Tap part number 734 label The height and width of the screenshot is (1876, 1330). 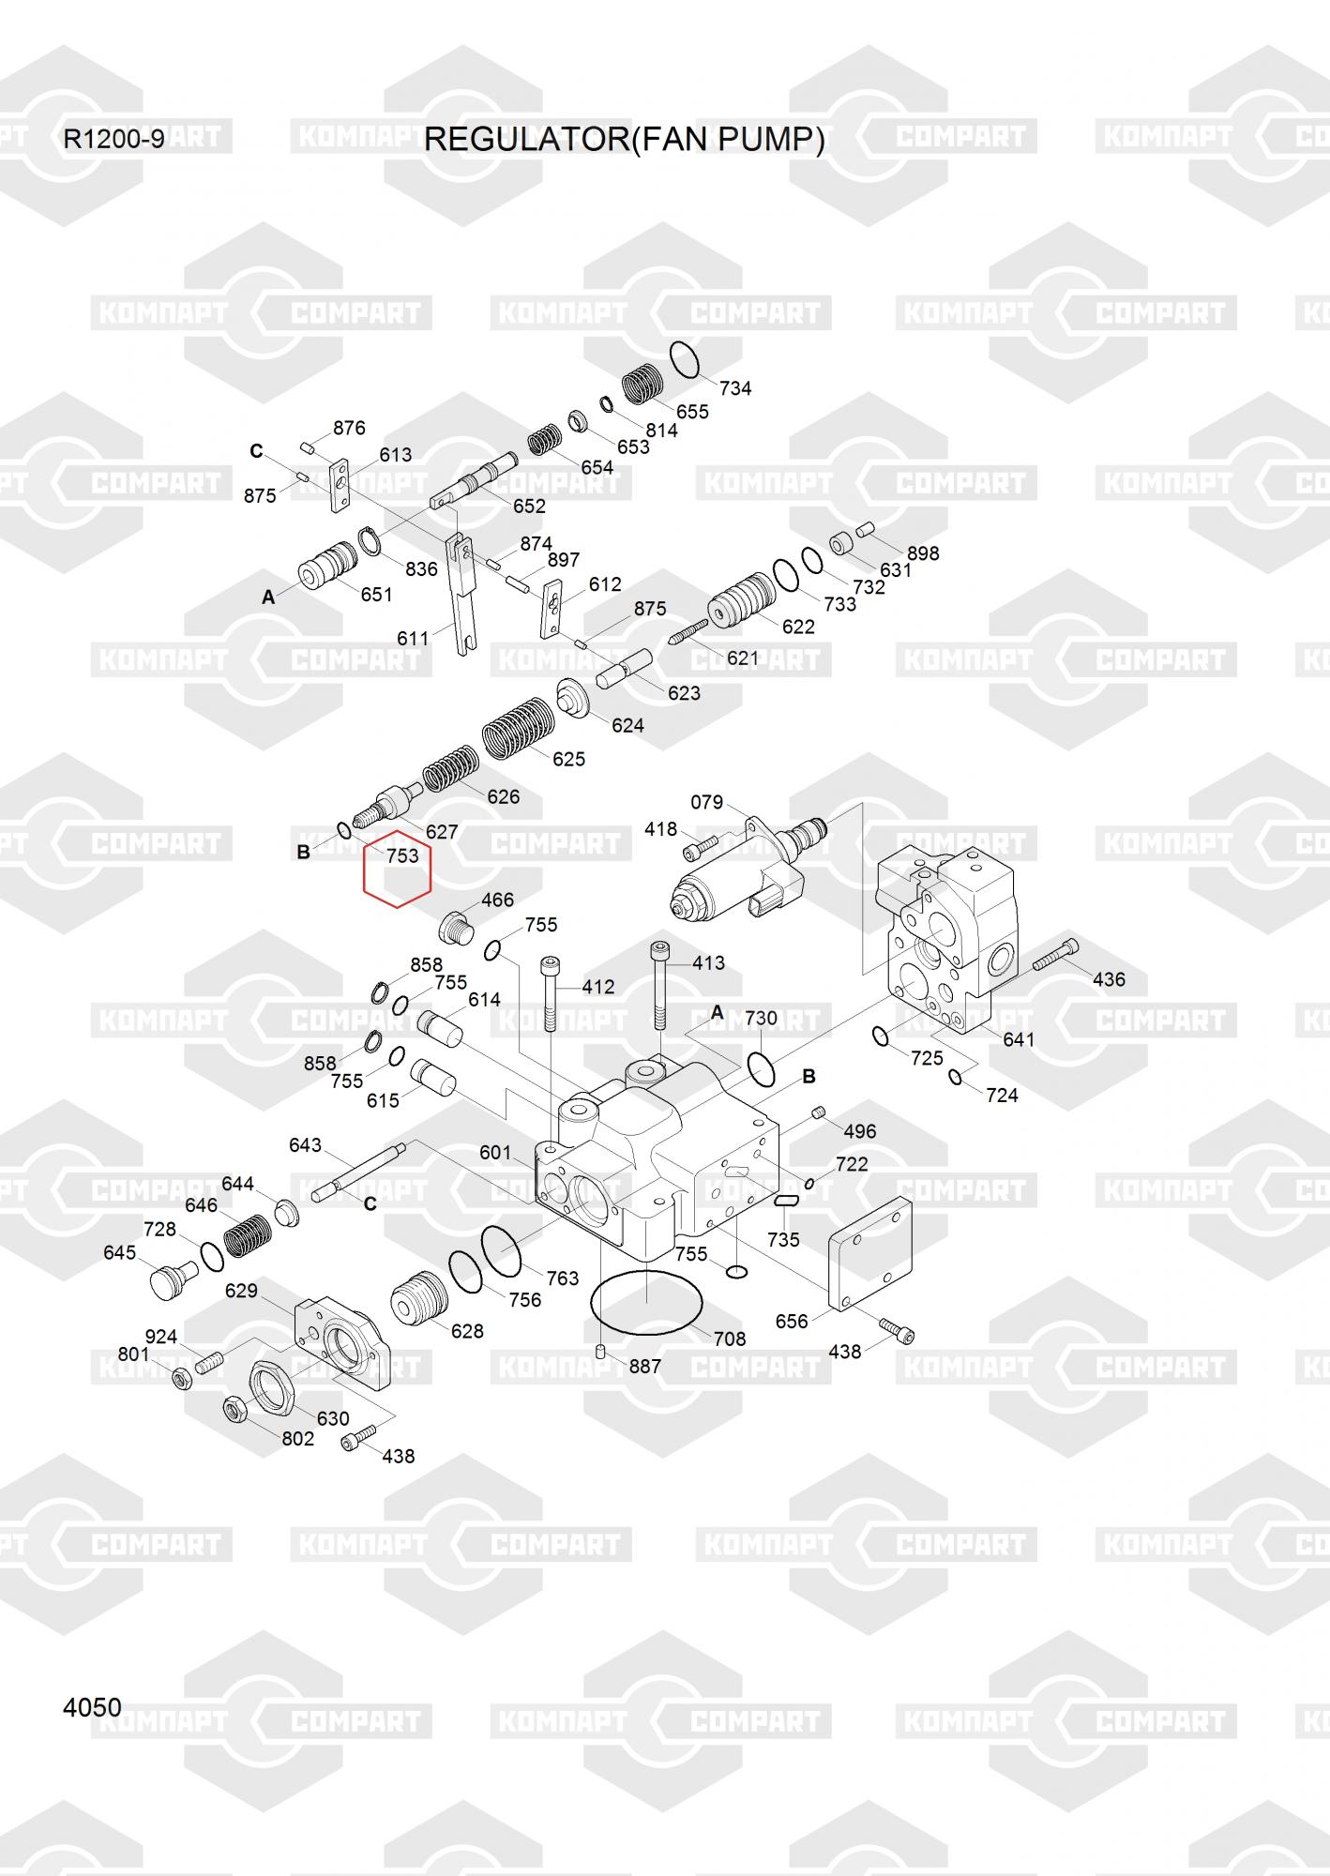735,388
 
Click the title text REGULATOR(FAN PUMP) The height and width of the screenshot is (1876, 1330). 625,140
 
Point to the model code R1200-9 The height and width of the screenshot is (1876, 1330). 113,140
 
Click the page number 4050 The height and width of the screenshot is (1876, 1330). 92,1707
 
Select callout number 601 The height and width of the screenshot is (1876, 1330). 495,1153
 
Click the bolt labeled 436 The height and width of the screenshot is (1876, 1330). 1056,955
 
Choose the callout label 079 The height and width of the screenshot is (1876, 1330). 706,802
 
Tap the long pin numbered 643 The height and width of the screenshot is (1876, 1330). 359,1170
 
